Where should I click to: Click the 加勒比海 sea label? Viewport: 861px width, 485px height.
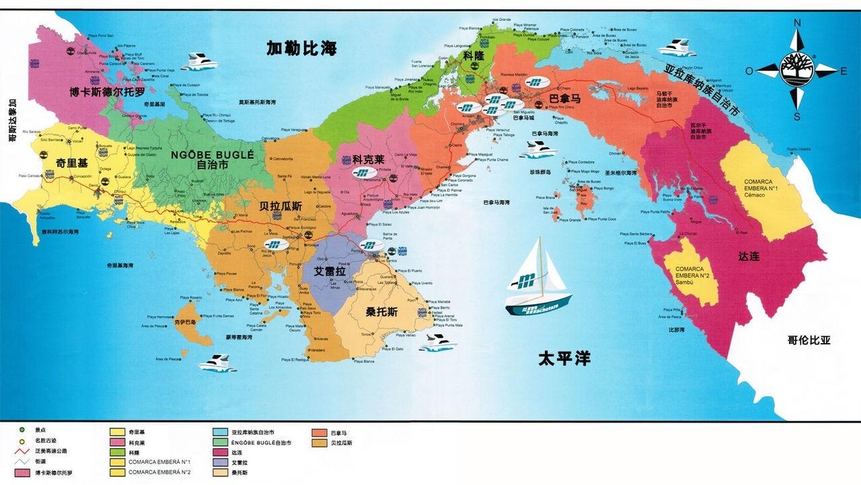pyautogui.click(x=301, y=48)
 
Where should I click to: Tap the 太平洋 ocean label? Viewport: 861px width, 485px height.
pyautogui.click(x=564, y=358)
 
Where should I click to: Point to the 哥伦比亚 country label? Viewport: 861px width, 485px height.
pyautogui.click(x=809, y=340)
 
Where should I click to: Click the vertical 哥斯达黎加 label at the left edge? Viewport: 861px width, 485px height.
pyautogui.click(x=12, y=121)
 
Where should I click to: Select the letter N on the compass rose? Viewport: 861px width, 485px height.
pyautogui.click(x=798, y=23)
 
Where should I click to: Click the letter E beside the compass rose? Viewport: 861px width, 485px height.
pyautogui.click(x=844, y=69)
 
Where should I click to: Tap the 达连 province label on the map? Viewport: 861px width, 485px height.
pyautogui.click(x=748, y=256)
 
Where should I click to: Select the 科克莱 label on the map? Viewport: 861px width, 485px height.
pyautogui.click(x=368, y=160)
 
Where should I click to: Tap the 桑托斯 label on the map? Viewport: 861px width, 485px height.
pyautogui.click(x=381, y=312)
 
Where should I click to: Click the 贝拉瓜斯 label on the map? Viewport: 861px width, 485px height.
pyautogui.click(x=281, y=206)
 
